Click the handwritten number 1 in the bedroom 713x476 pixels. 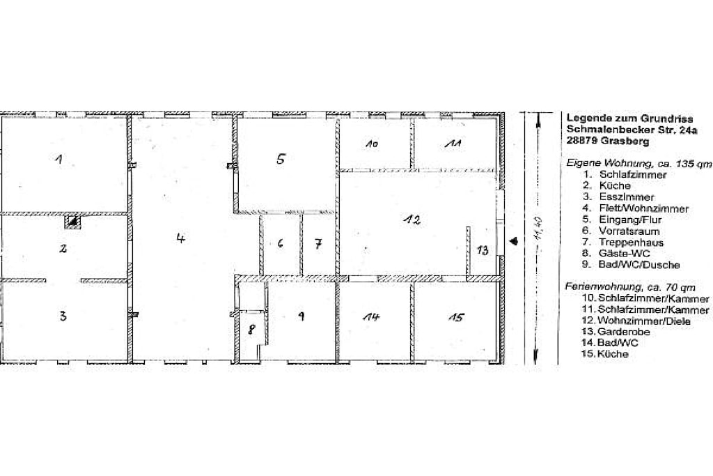coord(59,160)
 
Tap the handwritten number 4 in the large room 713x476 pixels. coord(181,238)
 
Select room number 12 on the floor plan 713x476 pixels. coord(412,220)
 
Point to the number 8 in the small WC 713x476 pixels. coord(251,330)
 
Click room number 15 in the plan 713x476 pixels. coord(456,317)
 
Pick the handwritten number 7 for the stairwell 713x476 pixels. coord(318,244)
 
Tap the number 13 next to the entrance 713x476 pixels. coord(483,249)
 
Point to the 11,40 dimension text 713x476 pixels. coord(538,227)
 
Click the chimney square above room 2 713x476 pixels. coord(72,222)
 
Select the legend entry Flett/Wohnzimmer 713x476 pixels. coord(644,209)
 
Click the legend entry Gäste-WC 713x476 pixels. coord(625,254)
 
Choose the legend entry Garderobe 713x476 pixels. coord(623,332)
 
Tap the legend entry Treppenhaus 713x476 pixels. coord(631,243)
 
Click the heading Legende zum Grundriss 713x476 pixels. coord(629,118)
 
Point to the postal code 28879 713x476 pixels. coord(581,141)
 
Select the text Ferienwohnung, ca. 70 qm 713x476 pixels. coord(630,287)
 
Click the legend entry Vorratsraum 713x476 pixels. coord(629,231)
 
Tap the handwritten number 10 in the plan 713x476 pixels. coord(372,144)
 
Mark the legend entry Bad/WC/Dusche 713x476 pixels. coord(639,265)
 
